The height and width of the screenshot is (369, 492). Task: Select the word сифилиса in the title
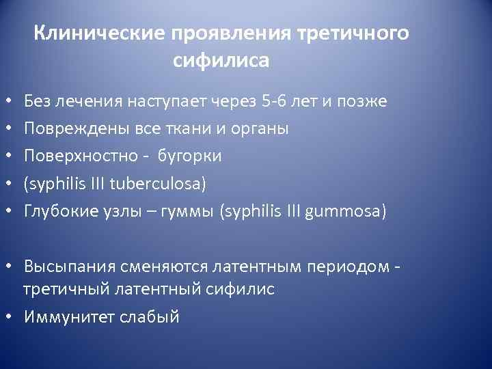tap(221, 61)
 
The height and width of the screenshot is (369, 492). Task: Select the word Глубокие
tap(57, 211)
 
